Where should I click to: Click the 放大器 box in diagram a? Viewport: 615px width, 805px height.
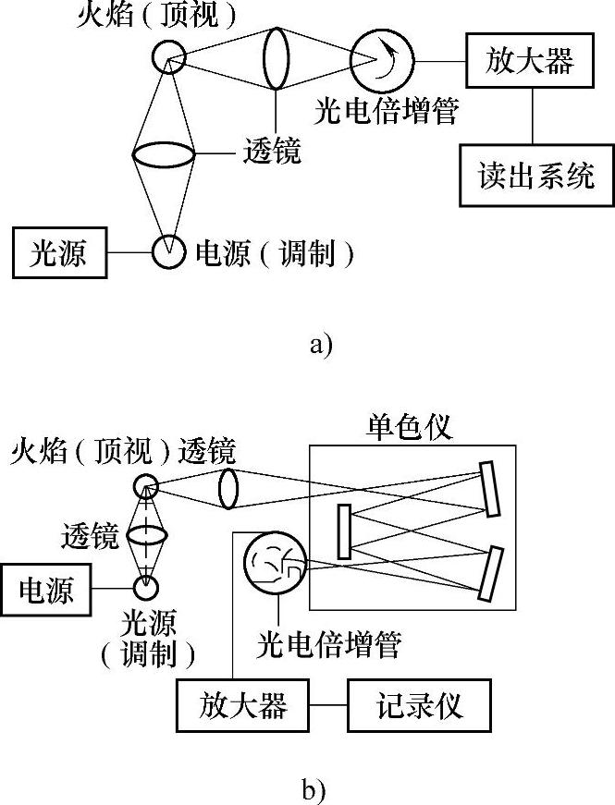coord(529,62)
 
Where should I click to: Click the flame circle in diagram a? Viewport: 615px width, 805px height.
coord(169,58)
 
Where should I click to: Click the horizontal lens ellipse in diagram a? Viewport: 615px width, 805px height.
coord(164,153)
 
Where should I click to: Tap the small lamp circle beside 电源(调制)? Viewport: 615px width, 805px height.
coord(169,251)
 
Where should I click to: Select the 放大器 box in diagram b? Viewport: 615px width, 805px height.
coord(243,706)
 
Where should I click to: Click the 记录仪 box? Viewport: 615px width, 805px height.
coord(419,706)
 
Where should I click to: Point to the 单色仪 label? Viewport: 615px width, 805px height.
coord(411,427)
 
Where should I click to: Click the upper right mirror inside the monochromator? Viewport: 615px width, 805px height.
coord(491,489)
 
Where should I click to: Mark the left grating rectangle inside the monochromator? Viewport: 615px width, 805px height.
coord(344,531)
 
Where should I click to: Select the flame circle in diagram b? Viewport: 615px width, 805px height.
coord(145,486)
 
